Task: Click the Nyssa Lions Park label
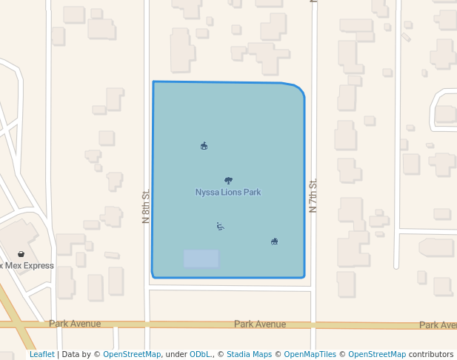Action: coord(227,193)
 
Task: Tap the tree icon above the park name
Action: coord(227,180)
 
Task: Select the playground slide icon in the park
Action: coord(220,226)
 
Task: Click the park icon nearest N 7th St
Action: coord(274,241)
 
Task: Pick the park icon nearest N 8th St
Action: coord(204,146)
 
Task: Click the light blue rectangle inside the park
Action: coord(201,259)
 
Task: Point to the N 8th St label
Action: coord(146,206)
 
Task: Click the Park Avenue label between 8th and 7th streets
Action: coord(259,324)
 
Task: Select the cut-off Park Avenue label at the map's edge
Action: coord(438,325)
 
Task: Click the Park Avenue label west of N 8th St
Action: coord(74,324)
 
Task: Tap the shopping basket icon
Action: coord(21,254)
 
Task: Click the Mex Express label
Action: coord(28,265)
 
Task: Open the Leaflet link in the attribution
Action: coord(41,355)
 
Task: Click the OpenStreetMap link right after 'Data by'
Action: coord(132,355)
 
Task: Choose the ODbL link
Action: coord(200,355)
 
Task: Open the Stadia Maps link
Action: coord(249,355)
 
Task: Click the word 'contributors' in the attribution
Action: coord(431,355)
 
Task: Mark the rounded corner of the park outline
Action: coord(298,89)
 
